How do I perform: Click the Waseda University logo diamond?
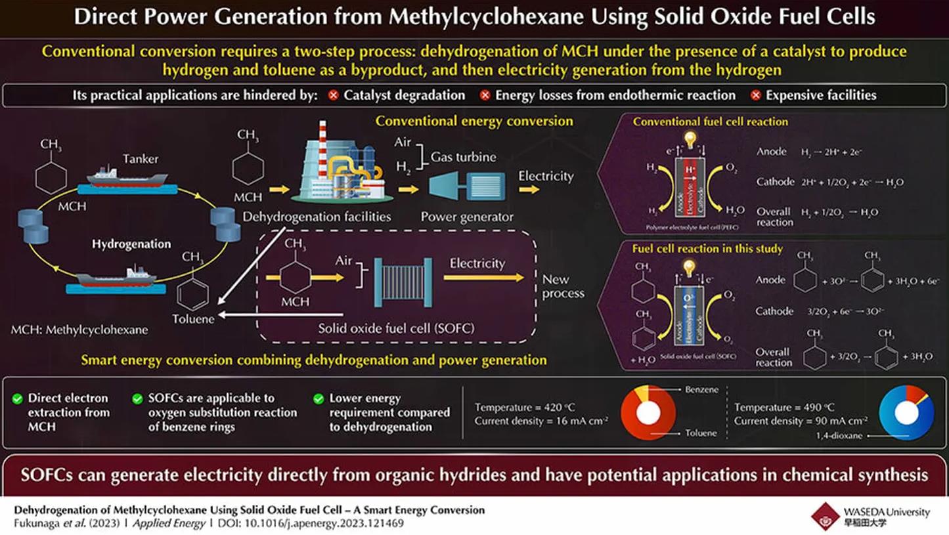coord(825,516)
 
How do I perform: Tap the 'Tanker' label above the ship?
coord(140,158)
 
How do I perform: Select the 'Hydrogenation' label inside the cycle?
coord(131,244)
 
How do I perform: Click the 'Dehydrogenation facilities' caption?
coord(317,217)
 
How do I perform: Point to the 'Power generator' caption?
coord(467,217)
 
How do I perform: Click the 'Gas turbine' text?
coord(463,157)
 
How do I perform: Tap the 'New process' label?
coord(563,286)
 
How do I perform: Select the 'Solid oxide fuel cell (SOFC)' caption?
coord(396,328)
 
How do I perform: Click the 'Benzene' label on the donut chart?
coord(701,389)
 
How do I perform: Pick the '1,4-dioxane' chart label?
coord(839,435)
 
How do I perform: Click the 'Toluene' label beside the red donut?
coord(700,433)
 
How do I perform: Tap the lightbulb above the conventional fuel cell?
coord(689,139)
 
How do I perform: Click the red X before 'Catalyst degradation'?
coord(334,95)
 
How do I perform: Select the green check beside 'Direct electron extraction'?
coord(18,398)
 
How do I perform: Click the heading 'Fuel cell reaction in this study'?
coord(707,249)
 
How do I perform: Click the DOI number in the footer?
coord(337,524)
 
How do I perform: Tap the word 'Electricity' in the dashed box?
coord(477,263)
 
